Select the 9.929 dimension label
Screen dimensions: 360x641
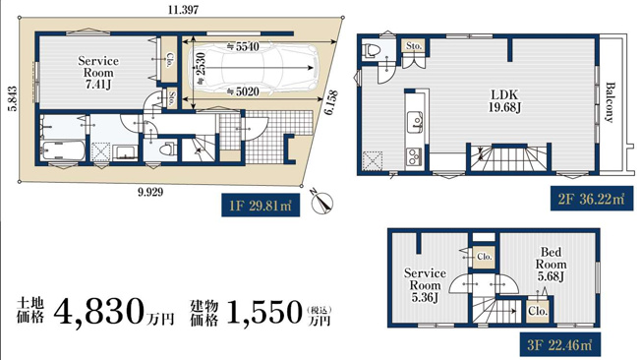click(x=149, y=192)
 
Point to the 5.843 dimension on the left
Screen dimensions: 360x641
click(x=12, y=99)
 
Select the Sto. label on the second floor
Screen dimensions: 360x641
click(x=413, y=46)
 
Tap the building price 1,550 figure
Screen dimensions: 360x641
click(x=262, y=313)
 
